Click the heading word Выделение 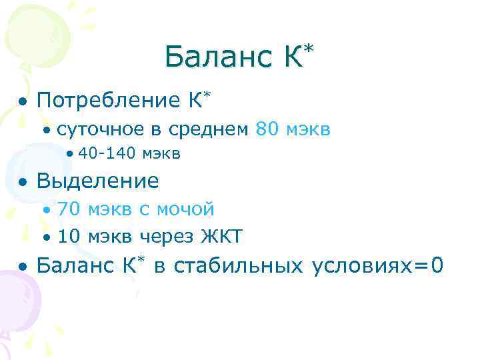(x=98, y=181)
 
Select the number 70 (x=69, y=209)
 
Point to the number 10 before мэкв (x=69, y=236)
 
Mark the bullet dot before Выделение (x=23, y=182)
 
